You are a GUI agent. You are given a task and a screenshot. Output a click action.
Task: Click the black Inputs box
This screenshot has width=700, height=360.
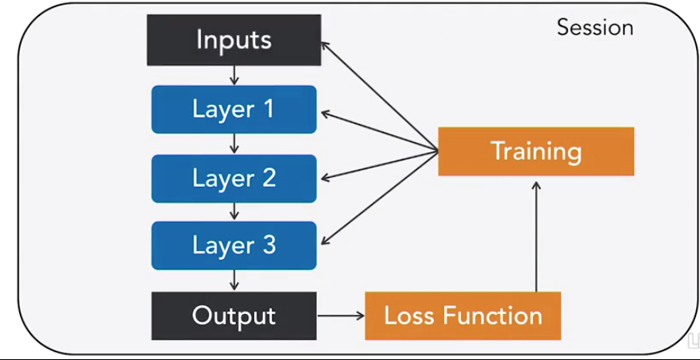234,40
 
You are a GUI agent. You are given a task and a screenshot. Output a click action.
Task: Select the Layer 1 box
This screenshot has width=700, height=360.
234,109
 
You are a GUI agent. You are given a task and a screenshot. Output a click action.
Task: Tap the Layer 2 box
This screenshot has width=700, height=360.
234,177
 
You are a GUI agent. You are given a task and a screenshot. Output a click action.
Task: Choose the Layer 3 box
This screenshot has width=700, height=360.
234,246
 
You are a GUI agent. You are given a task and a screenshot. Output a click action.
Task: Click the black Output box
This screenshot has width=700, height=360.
234,315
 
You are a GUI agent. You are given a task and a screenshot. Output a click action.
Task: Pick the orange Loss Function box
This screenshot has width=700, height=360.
462,315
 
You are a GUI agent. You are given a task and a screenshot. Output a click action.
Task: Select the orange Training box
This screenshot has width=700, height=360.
536,151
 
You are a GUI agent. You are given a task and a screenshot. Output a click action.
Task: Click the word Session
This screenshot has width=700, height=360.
594,28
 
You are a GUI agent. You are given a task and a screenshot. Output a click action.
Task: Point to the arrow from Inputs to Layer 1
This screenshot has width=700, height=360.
234,75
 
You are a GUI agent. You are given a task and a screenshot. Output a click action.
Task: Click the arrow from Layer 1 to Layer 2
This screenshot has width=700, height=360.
234,144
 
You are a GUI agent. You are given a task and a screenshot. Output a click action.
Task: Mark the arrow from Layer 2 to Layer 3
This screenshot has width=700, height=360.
234,212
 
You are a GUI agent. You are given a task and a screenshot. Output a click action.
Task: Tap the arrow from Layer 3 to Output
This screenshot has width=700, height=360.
234,281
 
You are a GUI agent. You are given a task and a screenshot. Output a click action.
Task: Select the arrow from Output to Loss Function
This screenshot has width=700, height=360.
340,315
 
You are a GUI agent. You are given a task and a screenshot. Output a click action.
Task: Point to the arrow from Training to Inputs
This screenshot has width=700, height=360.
380,95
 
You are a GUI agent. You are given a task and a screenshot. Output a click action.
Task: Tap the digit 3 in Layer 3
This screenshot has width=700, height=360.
268,246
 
